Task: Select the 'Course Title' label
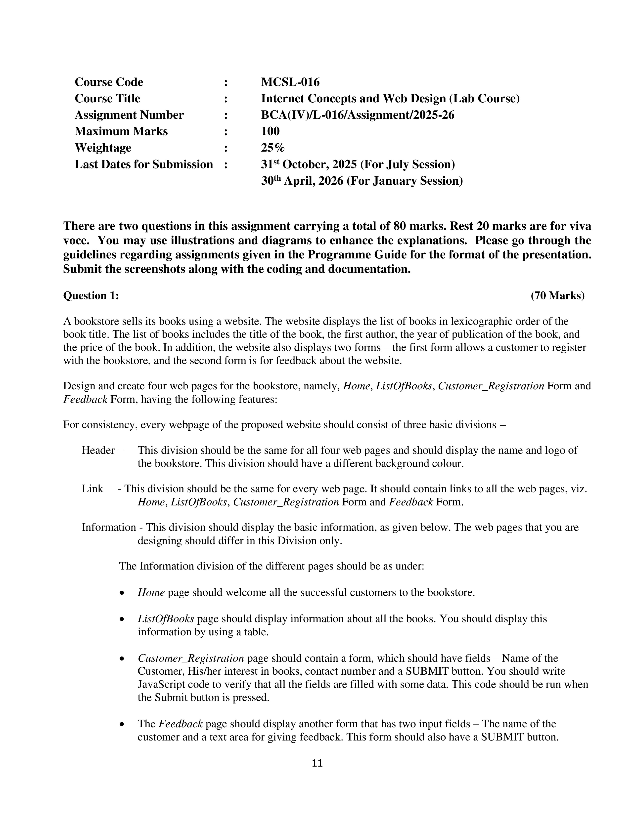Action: click(x=107, y=98)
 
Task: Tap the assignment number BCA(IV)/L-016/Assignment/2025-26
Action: click(x=357, y=115)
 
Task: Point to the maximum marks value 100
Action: click(x=270, y=131)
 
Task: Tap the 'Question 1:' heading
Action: click(x=91, y=296)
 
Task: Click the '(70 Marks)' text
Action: click(x=557, y=296)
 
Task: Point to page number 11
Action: click(x=317, y=763)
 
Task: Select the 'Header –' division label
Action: click(x=102, y=450)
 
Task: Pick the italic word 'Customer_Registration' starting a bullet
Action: click(x=191, y=658)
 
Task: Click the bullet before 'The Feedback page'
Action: click(x=121, y=725)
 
